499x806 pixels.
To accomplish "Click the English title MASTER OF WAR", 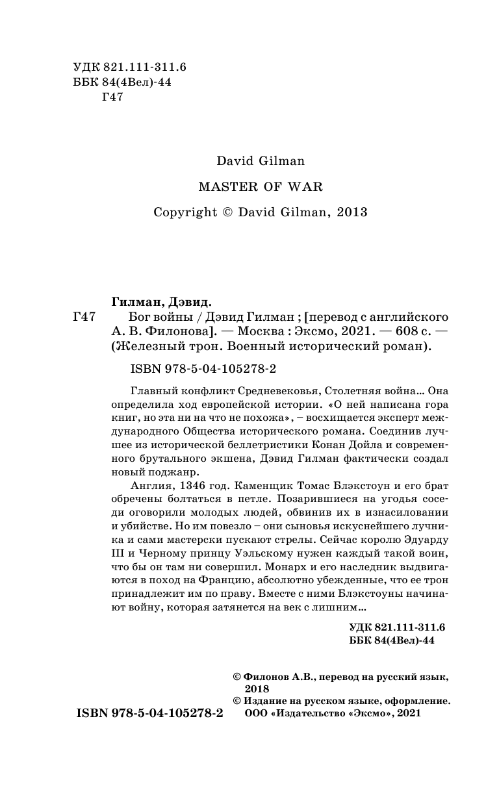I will (260, 186).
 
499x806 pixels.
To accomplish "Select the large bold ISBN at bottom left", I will (149, 712).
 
